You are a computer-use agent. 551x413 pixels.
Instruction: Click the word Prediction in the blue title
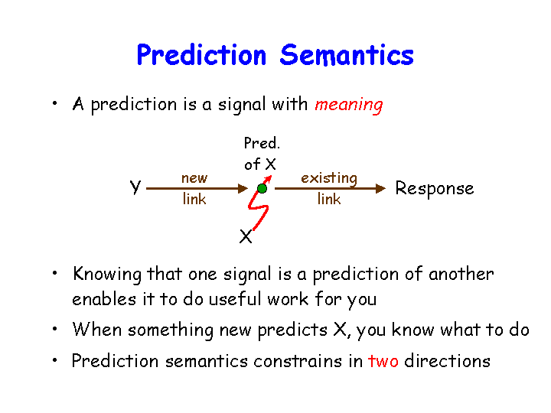click(201, 55)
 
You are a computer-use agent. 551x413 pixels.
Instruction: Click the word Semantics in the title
click(347, 55)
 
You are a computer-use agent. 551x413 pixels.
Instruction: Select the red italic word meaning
click(349, 105)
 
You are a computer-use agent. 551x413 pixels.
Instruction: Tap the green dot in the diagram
click(262, 189)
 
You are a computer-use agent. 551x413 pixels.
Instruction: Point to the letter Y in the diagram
click(135, 187)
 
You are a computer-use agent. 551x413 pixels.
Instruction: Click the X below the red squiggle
click(246, 236)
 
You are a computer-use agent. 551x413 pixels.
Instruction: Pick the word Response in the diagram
click(435, 189)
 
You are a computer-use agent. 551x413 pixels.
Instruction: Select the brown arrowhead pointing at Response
click(380, 189)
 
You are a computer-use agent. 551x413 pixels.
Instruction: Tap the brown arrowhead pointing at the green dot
click(243, 189)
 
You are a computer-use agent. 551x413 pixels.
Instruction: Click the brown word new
click(194, 178)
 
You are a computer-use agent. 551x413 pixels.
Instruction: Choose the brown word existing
click(329, 178)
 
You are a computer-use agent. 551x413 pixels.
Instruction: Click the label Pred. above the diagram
click(262, 143)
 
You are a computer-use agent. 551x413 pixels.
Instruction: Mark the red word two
click(383, 361)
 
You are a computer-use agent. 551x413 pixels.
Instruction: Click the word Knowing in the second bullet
click(107, 275)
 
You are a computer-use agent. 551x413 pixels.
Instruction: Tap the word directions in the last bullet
click(447, 361)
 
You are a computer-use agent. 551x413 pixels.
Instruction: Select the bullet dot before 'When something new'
click(54, 329)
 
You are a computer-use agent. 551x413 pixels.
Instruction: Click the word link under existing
click(329, 199)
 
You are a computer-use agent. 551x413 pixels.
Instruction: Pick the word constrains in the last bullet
click(298, 361)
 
